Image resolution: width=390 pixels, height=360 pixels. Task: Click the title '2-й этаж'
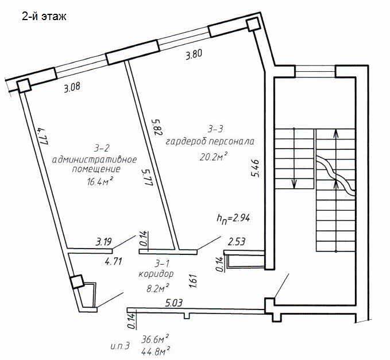coord(44,17)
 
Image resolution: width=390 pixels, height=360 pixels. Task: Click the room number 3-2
coord(102,149)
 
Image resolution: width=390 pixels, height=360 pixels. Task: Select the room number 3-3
coord(215,129)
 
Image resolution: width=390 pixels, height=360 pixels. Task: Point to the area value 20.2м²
coord(214,157)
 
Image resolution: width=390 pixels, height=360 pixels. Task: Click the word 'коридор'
coord(156,274)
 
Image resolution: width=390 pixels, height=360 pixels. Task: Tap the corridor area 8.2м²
coord(158,288)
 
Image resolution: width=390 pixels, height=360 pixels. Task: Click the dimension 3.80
coord(194,55)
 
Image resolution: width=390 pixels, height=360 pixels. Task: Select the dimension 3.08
coord(72,87)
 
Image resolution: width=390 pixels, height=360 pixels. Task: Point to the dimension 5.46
coord(256,168)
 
